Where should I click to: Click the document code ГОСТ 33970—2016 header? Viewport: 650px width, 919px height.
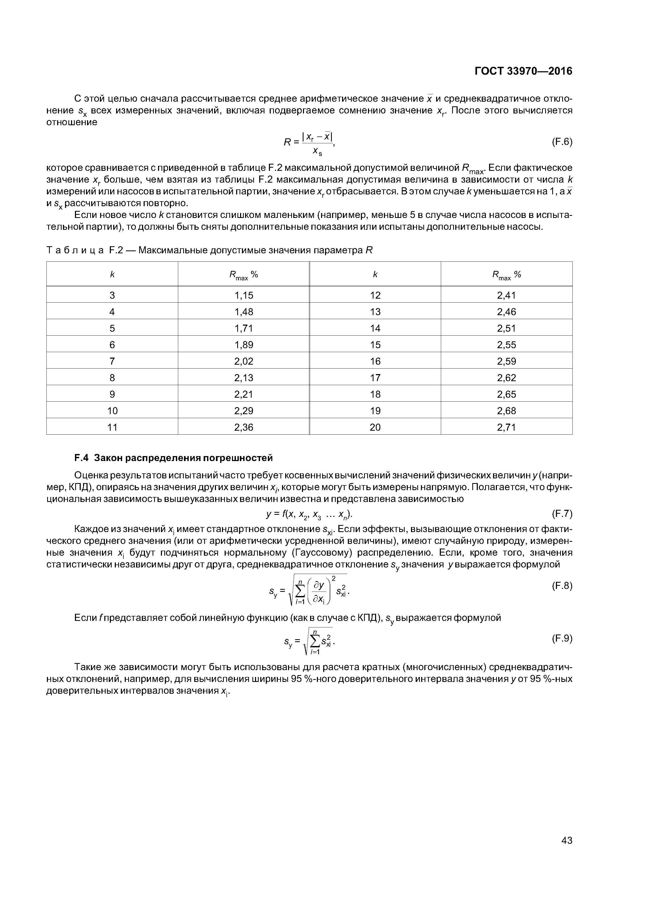[x=523, y=71]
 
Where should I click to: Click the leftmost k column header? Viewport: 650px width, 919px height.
[x=112, y=275]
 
